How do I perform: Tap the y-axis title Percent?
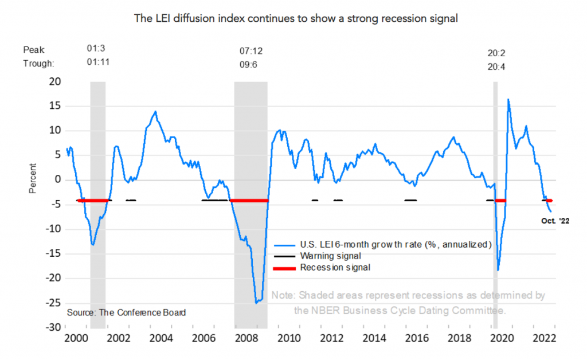33,179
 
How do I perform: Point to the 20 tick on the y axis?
54,81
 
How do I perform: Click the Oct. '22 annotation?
555,220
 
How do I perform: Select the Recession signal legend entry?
335,267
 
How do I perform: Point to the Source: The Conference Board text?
126,312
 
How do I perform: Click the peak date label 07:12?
251,52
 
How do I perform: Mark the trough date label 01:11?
98,63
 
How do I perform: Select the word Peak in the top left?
33,50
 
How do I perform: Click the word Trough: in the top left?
37,63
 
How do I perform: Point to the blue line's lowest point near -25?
256,302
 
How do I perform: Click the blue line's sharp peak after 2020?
508,100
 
